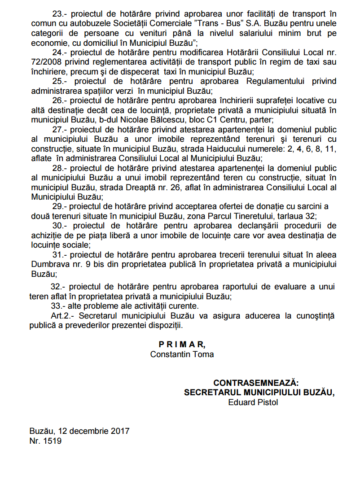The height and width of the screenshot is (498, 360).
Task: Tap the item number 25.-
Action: tap(60, 81)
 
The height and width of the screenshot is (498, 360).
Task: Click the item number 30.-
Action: tap(60, 225)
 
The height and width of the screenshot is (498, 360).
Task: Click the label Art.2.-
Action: tap(61, 316)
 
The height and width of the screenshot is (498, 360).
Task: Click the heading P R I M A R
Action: tap(182, 344)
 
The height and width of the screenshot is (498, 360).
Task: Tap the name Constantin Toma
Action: tap(182, 354)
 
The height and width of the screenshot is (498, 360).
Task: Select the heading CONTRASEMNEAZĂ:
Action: tap(255, 383)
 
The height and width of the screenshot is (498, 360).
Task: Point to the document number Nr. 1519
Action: tap(46, 441)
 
